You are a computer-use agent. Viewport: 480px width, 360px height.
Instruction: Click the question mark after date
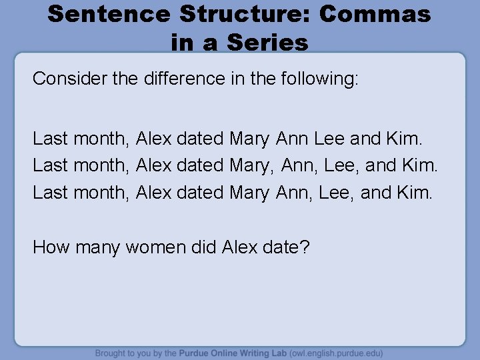[304, 247]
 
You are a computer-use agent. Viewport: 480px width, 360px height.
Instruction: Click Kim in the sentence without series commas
[403, 139]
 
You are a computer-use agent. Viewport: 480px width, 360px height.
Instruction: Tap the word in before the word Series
[183, 43]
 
